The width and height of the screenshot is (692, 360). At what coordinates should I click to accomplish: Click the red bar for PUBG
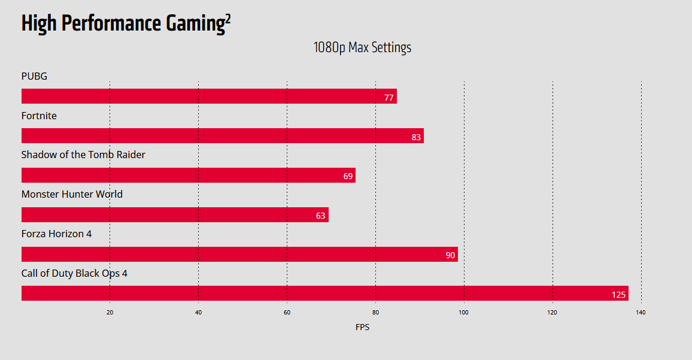click(x=209, y=96)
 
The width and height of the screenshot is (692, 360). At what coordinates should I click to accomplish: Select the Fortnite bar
click(x=222, y=136)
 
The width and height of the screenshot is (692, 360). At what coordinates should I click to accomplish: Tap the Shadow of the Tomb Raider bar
click(x=188, y=176)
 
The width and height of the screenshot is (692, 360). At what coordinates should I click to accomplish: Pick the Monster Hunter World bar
click(x=175, y=215)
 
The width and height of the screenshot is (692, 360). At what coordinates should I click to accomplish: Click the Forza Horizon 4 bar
click(x=239, y=255)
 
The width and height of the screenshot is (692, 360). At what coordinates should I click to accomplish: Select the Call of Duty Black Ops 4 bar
click(x=324, y=294)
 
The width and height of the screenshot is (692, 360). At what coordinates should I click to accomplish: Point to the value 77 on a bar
click(x=389, y=98)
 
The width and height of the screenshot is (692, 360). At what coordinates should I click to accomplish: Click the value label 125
click(x=618, y=295)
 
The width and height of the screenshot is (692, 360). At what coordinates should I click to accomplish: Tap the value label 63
click(x=320, y=216)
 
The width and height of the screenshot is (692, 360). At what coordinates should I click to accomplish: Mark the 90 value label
click(x=450, y=256)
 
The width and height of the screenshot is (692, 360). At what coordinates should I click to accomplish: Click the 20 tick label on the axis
click(x=110, y=312)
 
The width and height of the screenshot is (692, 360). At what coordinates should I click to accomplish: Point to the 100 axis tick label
click(x=464, y=312)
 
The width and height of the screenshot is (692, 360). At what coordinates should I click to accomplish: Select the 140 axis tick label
click(x=641, y=312)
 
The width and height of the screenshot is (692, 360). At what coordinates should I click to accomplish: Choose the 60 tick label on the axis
click(x=287, y=312)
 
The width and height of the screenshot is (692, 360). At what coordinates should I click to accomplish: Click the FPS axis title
click(x=362, y=327)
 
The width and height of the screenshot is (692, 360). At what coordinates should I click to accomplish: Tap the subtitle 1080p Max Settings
click(x=362, y=47)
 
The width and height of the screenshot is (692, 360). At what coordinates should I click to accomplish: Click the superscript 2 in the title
click(x=227, y=19)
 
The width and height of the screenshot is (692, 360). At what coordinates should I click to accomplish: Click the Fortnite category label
click(x=39, y=116)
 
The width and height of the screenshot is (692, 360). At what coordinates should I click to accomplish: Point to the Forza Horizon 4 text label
click(x=56, y=234)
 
